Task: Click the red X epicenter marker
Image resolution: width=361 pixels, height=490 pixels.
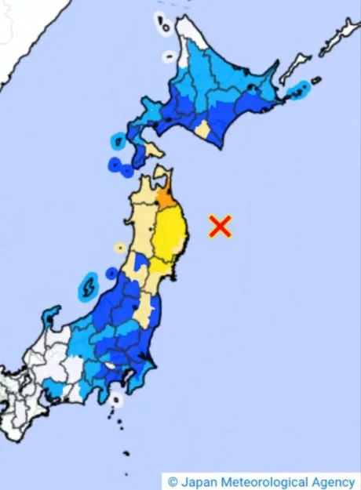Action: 221,227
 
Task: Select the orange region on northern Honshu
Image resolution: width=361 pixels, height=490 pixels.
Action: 166,197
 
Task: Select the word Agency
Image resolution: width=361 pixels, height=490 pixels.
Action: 333,481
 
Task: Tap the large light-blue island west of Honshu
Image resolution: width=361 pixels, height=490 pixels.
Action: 88,287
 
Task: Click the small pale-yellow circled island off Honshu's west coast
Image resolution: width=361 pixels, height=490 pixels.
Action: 119,249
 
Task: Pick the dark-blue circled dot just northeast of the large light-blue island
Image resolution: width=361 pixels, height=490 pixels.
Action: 111,274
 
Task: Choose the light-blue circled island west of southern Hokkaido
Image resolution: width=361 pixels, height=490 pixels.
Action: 117,142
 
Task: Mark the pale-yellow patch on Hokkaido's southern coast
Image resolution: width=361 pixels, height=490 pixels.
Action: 202,129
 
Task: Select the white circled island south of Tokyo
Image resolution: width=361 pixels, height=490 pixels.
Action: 116,400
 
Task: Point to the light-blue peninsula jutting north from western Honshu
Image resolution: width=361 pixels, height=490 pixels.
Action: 52,317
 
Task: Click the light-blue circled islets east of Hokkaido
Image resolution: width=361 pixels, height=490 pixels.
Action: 298,94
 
